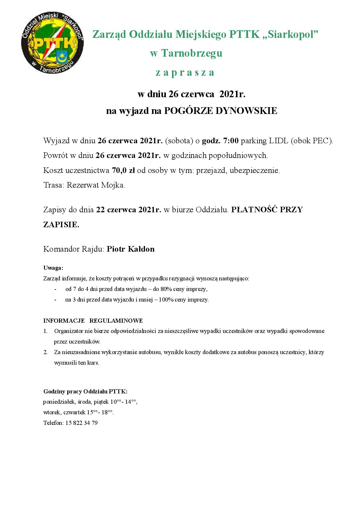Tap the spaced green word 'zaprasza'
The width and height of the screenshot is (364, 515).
coord(185,73)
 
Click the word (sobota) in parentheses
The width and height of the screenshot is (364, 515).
coord(179,141)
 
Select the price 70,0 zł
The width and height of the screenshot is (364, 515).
coord(123,171)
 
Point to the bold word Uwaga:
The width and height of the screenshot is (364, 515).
coord(53,268)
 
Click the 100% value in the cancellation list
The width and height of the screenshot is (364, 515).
coord(166,300)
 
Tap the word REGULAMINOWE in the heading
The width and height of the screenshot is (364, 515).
coord(116,321)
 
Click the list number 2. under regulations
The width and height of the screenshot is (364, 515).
coord(46,352)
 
